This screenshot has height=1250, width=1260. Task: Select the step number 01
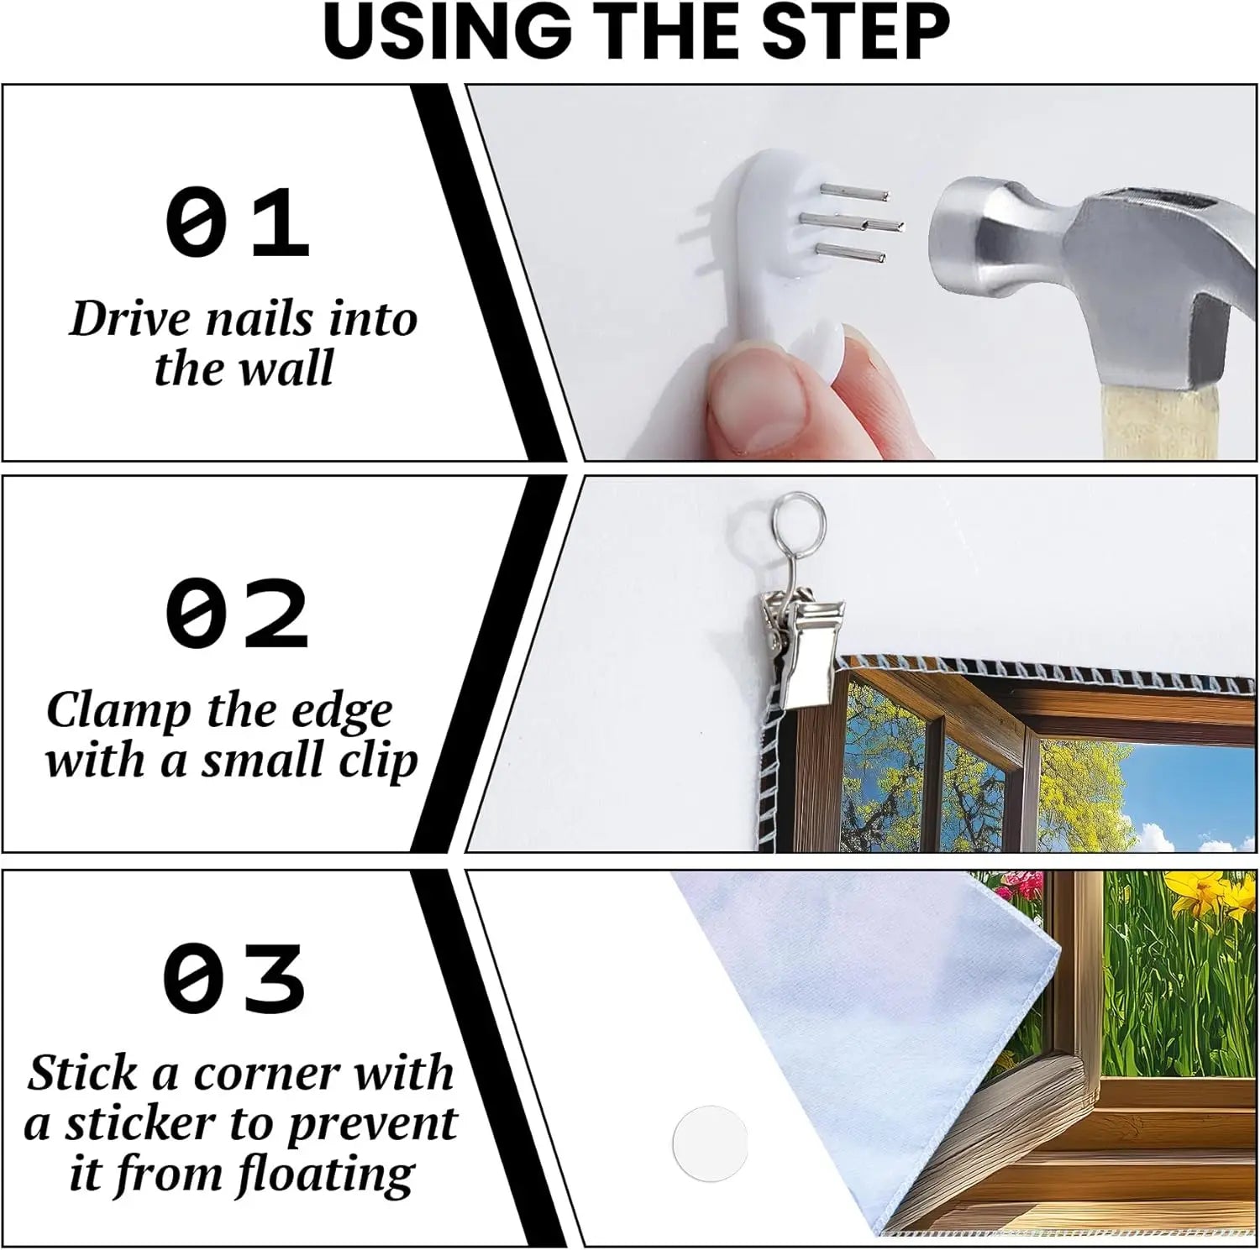click(238, 222)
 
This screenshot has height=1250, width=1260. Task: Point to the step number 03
click(235, 978)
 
